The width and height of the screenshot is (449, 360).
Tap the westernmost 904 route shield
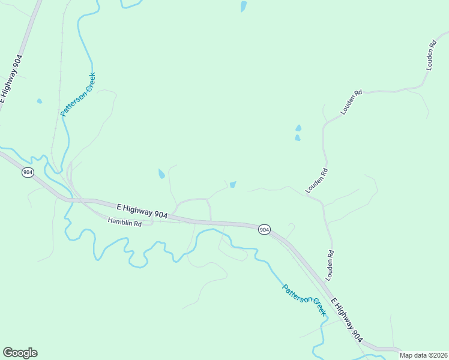point(28,173)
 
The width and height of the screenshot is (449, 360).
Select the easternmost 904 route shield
point(265,230)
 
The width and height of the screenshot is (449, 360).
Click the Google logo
point(20,353)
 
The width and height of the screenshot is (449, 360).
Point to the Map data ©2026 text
point(424,355)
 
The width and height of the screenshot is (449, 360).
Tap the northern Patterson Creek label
point(78,94)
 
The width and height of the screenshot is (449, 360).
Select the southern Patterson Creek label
point(304,299)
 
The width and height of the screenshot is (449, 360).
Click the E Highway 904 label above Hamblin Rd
point(142,211)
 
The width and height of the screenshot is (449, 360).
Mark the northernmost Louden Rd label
point(430,56)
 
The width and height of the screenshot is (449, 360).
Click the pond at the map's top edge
point(243,7)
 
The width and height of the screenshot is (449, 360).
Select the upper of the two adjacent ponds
point(298,128)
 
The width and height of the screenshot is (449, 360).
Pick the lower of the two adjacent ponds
point(297,138)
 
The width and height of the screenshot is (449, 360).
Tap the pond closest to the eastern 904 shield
point(233,184)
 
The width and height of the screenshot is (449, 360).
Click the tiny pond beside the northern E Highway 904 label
point(39,101)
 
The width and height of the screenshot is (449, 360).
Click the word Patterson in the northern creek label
point(71,103)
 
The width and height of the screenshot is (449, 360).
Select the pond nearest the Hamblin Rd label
point(161,174)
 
